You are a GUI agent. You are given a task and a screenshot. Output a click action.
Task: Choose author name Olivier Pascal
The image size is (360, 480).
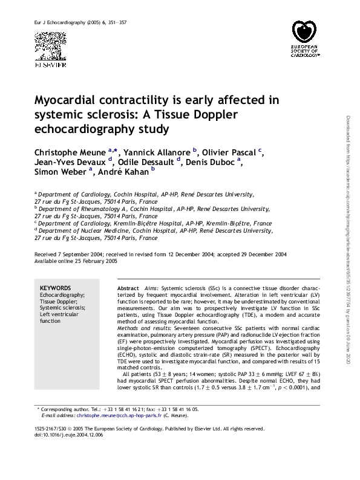click(229, 151)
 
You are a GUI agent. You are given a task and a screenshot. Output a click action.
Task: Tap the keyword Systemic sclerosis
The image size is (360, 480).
click(62, 308)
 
